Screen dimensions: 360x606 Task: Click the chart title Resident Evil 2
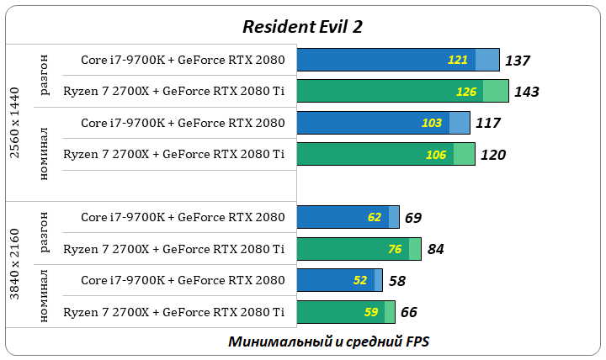(302, 26)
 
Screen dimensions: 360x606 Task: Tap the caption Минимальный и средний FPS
(328, 341)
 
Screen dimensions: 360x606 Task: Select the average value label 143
(526, 92)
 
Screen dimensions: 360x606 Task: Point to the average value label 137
(517, 61)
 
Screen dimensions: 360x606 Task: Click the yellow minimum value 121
(458, 61)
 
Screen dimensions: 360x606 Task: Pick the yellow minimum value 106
(436, 155)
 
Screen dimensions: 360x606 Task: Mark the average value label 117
(487, 123)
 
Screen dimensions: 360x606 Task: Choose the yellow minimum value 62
(375, 217)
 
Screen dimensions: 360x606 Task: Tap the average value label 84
(435, 249)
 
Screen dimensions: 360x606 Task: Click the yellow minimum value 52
(360, 280)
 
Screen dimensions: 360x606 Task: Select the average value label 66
(409, 312)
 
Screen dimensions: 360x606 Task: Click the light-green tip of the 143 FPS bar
(496, 92)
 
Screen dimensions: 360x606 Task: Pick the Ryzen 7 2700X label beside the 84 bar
(173, 249)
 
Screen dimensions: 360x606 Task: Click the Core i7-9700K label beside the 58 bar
(183, 280)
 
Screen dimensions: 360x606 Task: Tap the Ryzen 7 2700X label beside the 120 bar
(173, 155)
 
